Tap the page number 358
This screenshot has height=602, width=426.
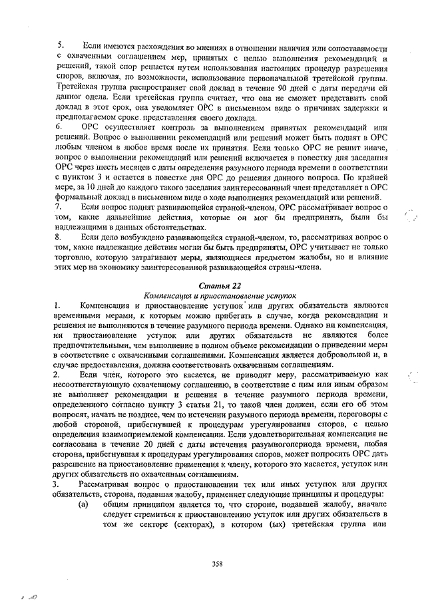pos(217,564)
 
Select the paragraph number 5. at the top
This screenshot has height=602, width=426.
pos(60,45)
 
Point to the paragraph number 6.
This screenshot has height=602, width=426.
pos(60,125)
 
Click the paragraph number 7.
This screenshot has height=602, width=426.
pos(60,207)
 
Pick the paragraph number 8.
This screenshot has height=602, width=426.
pos(60,237)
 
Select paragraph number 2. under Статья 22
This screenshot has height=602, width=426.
pos(59,375)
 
